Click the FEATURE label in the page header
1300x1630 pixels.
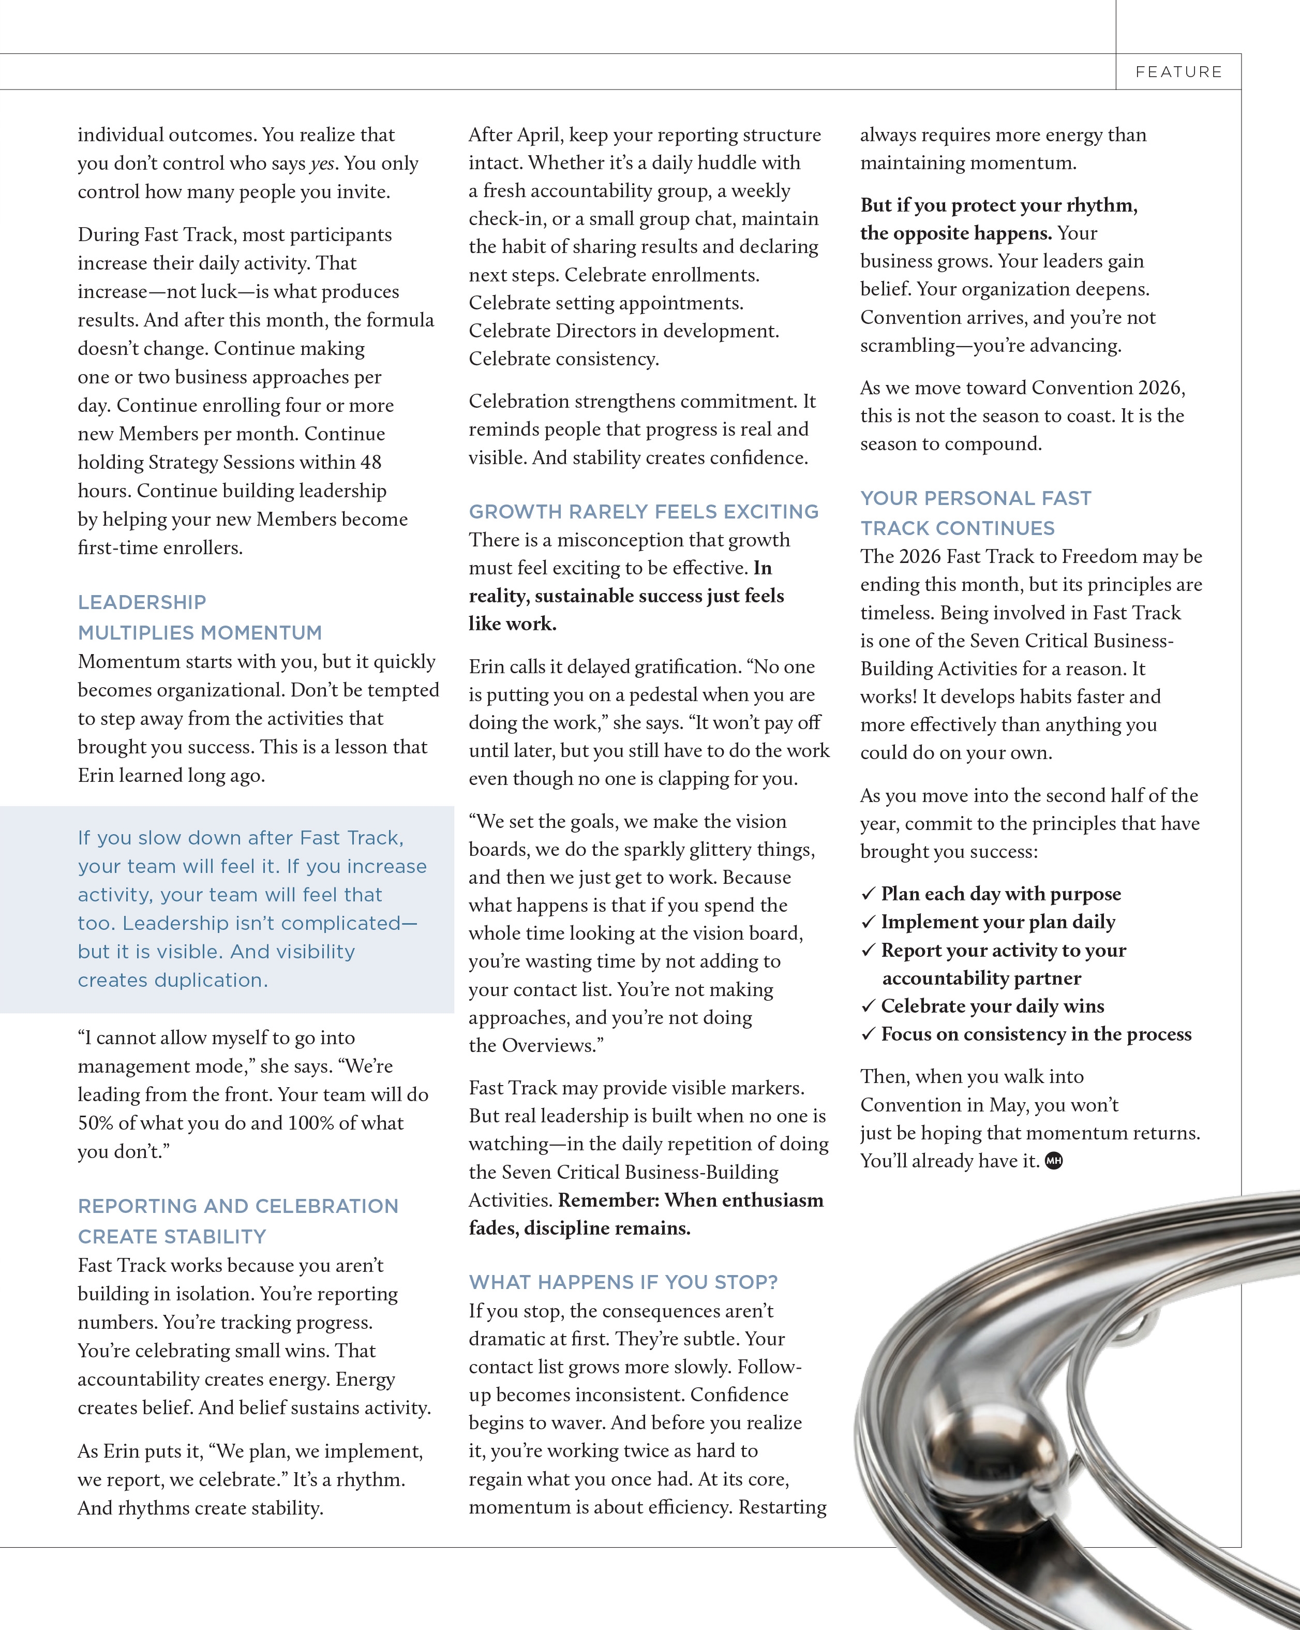1178,72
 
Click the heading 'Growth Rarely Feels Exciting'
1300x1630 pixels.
643,512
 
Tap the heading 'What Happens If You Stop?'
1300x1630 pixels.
623,1282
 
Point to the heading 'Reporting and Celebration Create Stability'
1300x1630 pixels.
237,1221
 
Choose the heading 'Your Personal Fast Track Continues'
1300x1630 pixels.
975,513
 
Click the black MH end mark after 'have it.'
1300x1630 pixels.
1054,1161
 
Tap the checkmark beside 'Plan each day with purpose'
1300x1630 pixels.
868,894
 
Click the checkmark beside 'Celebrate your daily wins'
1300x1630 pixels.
868,1006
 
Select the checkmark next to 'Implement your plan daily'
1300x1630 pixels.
868,922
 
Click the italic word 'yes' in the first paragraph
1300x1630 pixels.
322,164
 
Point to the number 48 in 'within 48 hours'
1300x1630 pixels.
370,462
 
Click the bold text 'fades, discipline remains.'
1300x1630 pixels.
579,1228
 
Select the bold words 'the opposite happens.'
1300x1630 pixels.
955,233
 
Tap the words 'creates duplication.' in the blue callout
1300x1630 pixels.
173,981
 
